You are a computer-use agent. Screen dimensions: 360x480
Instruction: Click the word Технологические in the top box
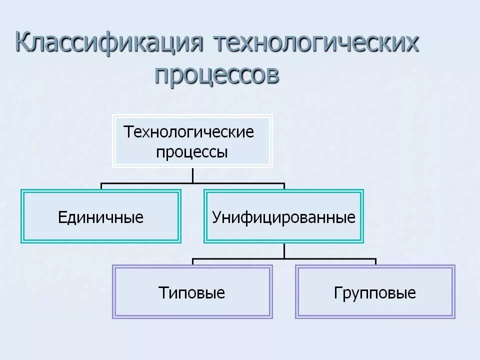(189, 132)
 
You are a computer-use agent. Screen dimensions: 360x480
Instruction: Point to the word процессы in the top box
(192, 151)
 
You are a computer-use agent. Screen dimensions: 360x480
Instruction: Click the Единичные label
(100, 217)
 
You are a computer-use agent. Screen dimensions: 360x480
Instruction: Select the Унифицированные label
(283, 217)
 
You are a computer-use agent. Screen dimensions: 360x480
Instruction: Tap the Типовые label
(191, 292)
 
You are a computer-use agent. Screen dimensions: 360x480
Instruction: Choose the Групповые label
(375, 292)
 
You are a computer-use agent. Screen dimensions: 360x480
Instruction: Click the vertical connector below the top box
(192, 175)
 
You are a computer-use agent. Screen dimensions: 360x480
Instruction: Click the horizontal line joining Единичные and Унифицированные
(192, 183)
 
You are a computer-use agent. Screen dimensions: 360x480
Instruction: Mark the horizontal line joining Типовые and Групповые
(284, 259)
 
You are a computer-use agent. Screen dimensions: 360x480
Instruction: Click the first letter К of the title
(24, 43)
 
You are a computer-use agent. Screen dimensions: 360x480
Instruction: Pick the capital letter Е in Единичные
(62, 217)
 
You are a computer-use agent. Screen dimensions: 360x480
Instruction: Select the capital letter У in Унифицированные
(216, 217)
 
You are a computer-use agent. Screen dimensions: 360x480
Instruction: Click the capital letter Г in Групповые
(337, 292)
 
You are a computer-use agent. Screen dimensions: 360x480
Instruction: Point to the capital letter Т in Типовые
(162, 292)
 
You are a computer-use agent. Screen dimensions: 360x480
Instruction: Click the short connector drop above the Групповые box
(375, 262)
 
